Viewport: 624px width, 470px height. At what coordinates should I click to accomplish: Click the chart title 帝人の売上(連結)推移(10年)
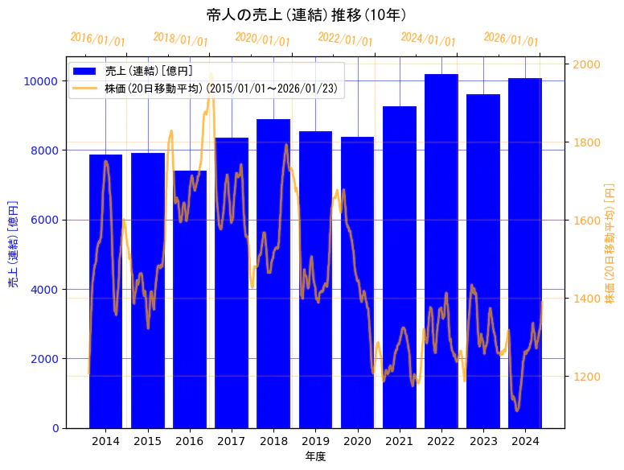click(x=306, y=15)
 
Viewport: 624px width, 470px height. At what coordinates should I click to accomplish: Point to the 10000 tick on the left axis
click(x=39, y=81)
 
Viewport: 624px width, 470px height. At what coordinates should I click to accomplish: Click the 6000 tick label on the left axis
click(x=43, y=220)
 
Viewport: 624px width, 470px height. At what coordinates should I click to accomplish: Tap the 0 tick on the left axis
click(x=55, y=428)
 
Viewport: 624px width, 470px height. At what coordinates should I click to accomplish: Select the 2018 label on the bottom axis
click(x=273, y=441)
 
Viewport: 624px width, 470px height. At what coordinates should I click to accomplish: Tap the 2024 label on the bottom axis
click(x=525, y=441)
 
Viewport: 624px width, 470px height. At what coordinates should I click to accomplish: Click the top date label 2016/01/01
click(x=98, y=39)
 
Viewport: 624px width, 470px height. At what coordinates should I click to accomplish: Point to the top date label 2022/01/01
click(x=346, y=39)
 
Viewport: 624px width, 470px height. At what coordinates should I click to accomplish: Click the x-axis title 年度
click(x=315, y=456)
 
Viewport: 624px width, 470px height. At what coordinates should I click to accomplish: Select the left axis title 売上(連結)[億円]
click(x=13, y=243)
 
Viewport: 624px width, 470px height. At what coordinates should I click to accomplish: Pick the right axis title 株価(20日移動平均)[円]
click(x=610, y=243)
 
